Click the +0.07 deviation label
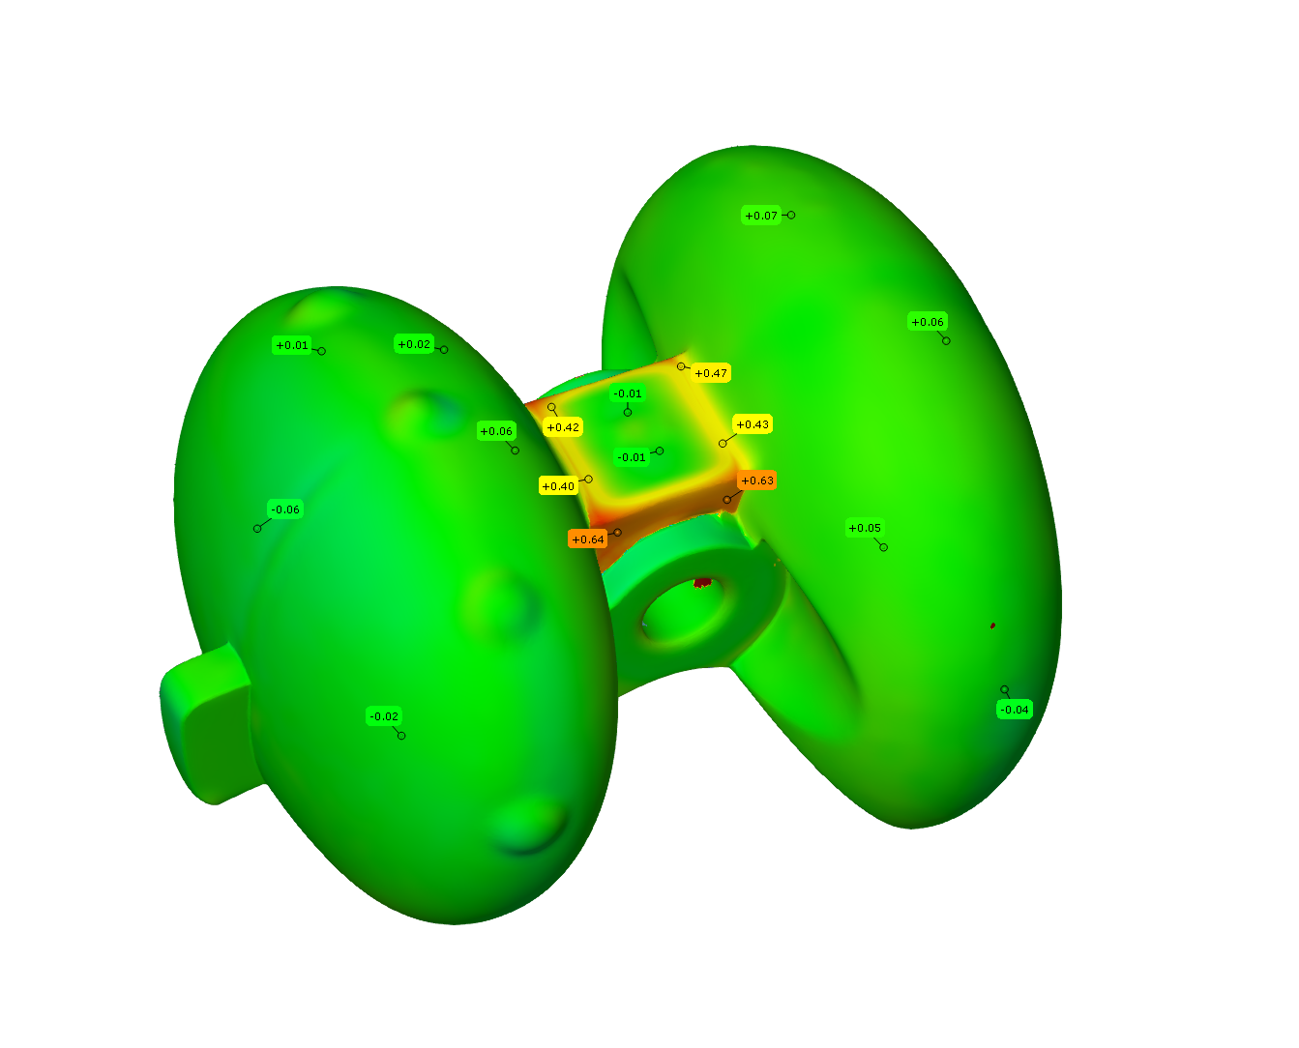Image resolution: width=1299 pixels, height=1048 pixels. click(x=760, y=216)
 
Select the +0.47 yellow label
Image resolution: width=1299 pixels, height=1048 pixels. click(x=711, y=373)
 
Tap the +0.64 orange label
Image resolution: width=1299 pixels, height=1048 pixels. click(x=587, y=539)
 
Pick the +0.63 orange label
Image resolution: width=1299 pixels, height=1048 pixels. click(x=756, y=480)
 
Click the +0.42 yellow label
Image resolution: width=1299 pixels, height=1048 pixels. click(x=562, y=427)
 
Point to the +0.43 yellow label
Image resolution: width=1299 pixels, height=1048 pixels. click(x=753, y=424)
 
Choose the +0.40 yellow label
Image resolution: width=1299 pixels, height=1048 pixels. click(x=558, y=486)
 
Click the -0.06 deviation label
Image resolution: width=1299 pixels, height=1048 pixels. click(x=284, y=509)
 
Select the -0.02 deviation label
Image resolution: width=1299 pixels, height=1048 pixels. click(x=384, y=716)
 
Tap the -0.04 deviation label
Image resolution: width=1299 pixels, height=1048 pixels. click(x=1015, y=710)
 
